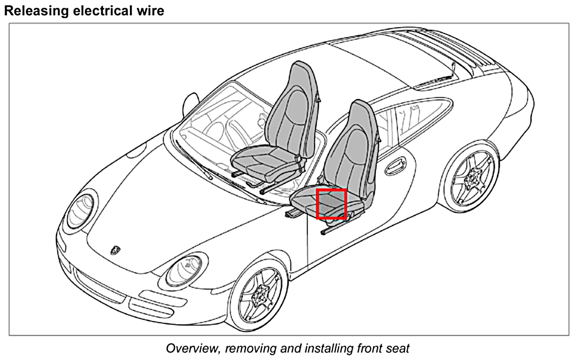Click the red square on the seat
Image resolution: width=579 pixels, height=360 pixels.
coord(331,204)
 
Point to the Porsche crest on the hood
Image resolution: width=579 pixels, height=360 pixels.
coord(115,250)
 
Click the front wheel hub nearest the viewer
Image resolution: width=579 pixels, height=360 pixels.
coord(259,295)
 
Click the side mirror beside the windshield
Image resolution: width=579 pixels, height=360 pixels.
coord(191,102)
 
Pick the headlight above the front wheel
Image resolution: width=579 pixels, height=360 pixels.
coord(183,270)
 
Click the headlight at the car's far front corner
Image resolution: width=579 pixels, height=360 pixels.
coord(80,210)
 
